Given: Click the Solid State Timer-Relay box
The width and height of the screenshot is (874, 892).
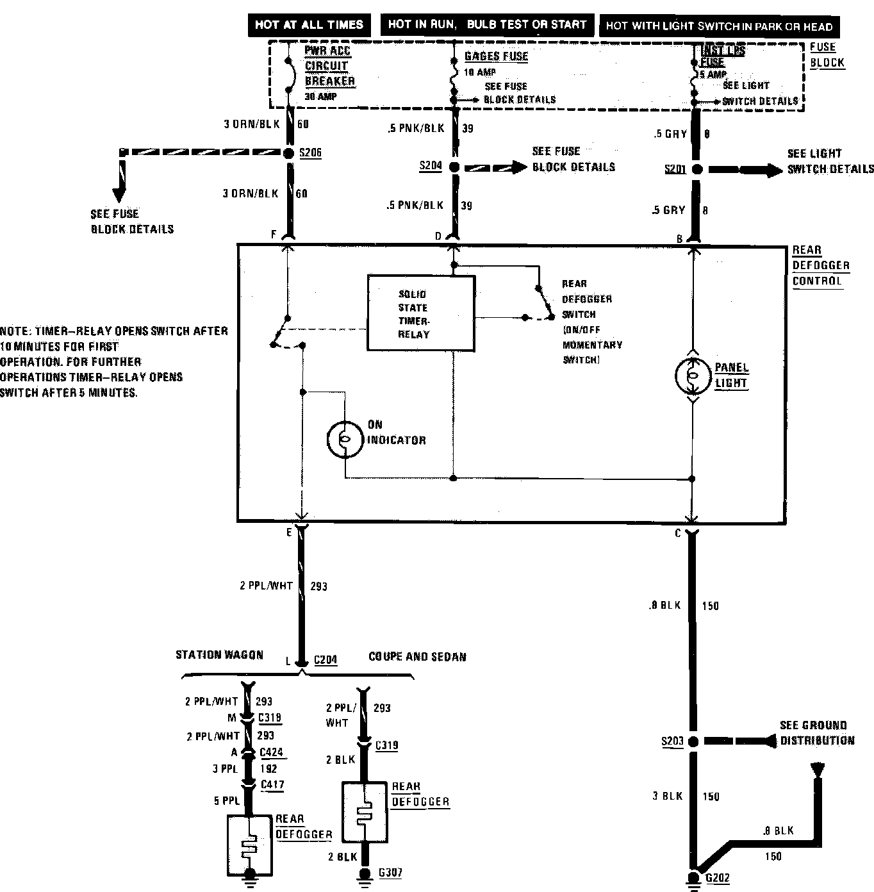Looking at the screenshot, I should (420, 313).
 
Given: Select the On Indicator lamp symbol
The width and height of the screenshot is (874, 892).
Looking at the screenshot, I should (345, 439).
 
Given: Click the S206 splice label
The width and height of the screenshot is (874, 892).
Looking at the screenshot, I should (310, 153).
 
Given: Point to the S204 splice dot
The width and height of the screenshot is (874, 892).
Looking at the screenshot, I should (454, 167).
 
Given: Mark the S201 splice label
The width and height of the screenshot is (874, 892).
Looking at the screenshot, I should (675, 169).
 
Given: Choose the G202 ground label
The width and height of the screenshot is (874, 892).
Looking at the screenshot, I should (718, 878).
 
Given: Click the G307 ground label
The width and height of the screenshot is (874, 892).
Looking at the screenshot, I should (390, 873).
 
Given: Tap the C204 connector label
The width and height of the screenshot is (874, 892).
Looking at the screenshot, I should (326, 660).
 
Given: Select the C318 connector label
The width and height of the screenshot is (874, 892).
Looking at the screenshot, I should (270, 718).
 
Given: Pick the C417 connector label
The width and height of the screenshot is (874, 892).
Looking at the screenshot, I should (272, 784).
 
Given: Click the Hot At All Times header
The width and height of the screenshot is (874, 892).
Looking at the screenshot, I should (309, 25).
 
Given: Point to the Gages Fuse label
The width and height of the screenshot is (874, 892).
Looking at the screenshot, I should (496, 56).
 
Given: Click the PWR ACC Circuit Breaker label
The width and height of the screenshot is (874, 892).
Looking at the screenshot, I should (329, 66).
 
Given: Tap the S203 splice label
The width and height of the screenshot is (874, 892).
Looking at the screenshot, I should (672, 741).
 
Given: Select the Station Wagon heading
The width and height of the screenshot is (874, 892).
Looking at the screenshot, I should (219, 655).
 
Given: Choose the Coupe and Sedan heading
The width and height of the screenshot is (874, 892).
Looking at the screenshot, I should (417, 657).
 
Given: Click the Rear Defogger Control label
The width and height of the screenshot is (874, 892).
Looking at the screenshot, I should (820, 265).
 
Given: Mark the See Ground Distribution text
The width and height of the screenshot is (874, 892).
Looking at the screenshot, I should (816, 733).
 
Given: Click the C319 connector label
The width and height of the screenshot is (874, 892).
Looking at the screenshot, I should (386, 745).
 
